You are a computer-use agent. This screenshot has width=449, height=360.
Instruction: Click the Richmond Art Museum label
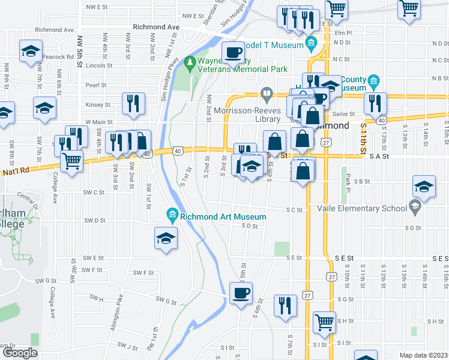point(223,217)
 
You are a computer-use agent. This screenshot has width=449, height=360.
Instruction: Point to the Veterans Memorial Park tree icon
point(190,61)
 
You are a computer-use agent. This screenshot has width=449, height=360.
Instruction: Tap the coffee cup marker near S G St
point(241,294)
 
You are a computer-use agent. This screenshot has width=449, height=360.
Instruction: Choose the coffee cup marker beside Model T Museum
point(234,52)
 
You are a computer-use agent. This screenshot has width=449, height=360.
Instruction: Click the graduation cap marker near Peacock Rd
point(31,52)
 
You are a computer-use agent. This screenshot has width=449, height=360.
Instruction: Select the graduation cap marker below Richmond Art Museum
point(166,239)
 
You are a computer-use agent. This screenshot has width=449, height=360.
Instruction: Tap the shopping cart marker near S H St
point(325,322)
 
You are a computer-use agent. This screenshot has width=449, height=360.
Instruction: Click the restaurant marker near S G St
point(285,305)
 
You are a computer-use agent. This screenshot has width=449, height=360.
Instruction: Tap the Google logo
point(20,353)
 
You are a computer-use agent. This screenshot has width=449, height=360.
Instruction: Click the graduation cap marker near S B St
point(424,187)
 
